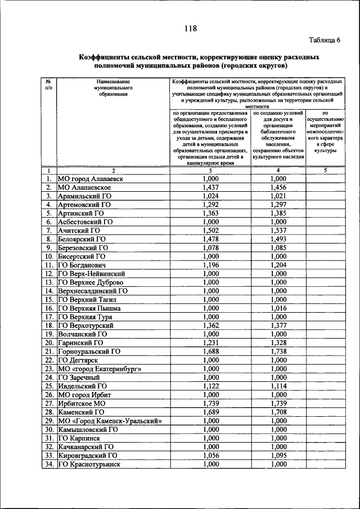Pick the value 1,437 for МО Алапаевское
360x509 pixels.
210,187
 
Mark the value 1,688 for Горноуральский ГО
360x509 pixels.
210,351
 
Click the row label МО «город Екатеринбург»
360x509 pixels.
100,368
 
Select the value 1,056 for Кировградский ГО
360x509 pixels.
210,455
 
